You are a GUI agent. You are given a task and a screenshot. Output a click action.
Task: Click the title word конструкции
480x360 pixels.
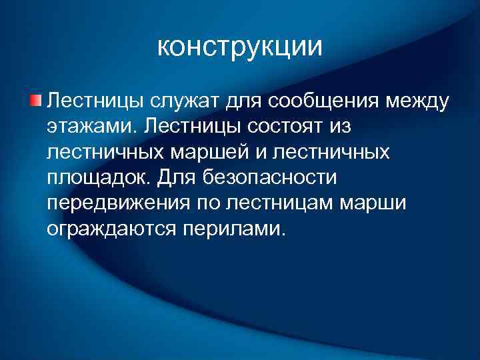click(240, 47)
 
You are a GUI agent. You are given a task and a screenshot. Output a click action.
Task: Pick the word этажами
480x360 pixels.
click(86, 127)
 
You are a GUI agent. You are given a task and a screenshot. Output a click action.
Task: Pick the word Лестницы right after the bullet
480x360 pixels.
click(96, 101)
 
